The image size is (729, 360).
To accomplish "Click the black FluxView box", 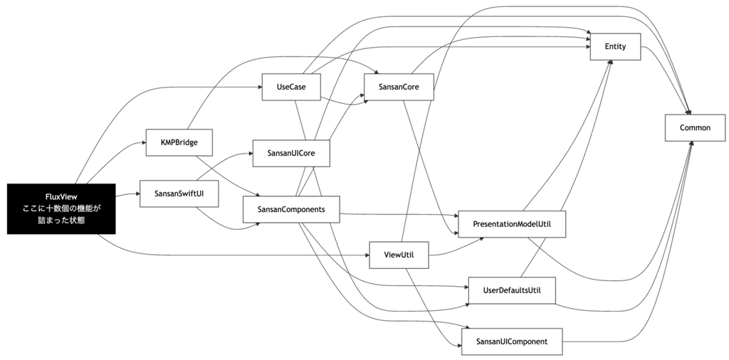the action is (x=61, y=208).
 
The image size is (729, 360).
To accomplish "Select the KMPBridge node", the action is (x=179, y=142).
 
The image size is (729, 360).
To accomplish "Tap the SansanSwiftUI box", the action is (x=179, y=193).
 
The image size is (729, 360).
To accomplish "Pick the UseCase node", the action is (x=291, y=86).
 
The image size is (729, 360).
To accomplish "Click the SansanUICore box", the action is (x=291, y=153).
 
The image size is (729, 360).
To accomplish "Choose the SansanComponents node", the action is (x=291, y=209).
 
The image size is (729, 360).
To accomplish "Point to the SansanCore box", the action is (x=399, y=86).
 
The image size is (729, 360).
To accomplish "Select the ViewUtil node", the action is (x=399, y=255).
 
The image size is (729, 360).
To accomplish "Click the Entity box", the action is (x=616, y=46).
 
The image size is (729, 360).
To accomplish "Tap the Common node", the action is (x=695, y=127).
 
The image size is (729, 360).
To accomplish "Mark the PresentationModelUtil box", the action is (x=512, y=224).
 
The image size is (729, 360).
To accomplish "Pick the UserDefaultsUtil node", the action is (x=512, y=290).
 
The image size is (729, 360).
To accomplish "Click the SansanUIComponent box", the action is (x=512, y=342).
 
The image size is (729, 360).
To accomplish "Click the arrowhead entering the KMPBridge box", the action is (x=143, y=142).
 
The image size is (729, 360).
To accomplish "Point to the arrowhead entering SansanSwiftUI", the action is (x=137, y=193).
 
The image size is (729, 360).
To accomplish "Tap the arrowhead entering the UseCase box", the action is (x=259, y=86).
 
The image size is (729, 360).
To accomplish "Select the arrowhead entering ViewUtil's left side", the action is (x=367, y=255).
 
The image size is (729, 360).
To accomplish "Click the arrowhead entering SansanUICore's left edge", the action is (x=250, y=153).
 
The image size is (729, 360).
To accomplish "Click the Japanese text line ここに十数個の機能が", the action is (x=61, y=208).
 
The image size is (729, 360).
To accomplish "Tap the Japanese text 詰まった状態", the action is (x=61, y=220).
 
